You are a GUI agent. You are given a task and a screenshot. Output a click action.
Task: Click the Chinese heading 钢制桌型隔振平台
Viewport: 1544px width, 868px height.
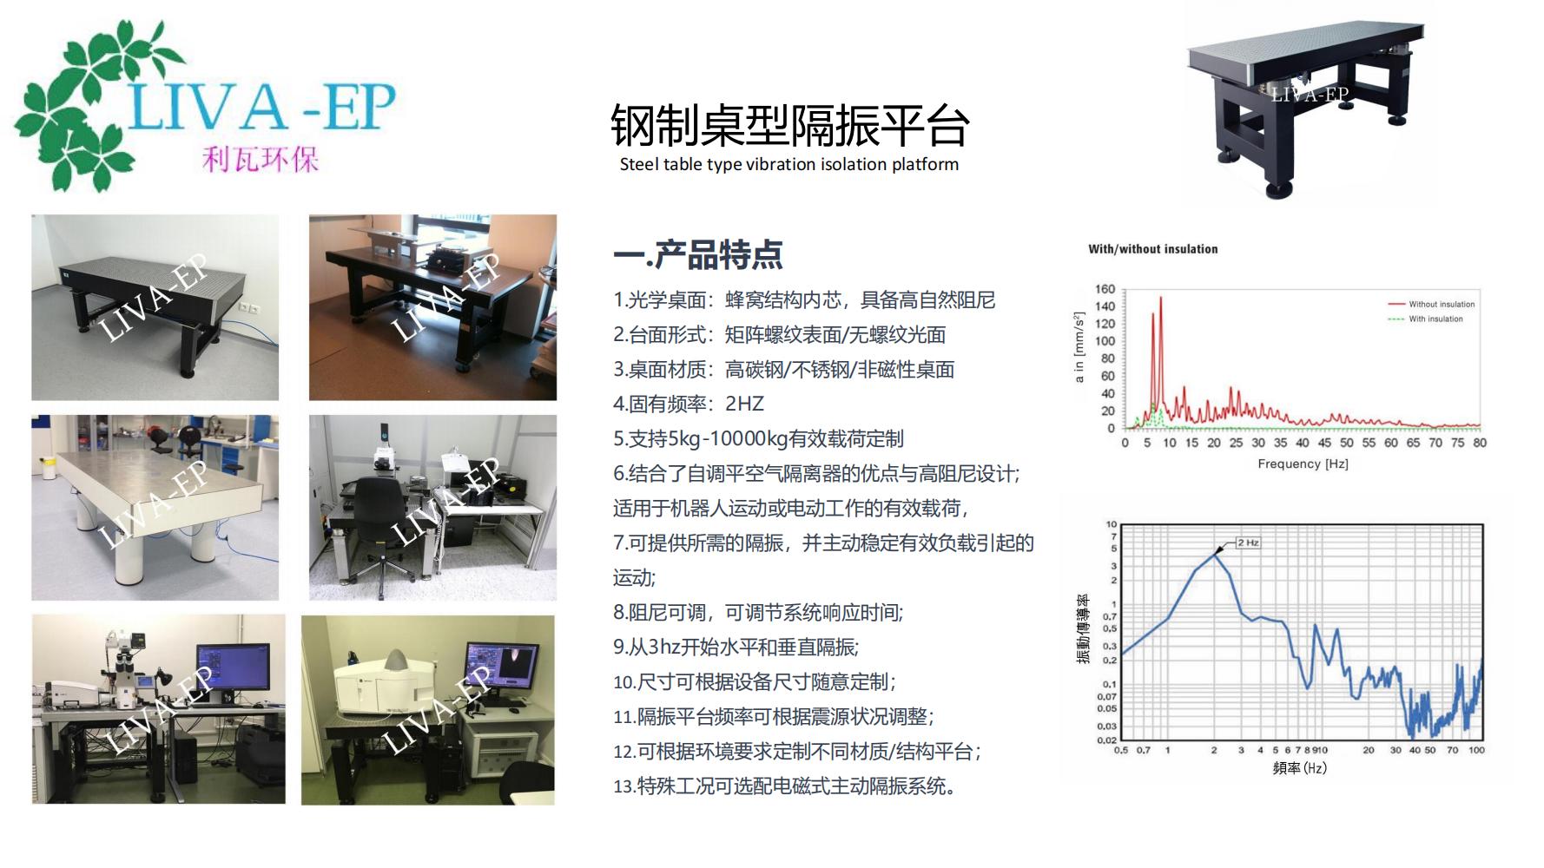790,126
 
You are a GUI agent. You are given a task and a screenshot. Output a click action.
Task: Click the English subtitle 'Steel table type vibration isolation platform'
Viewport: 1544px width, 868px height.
789,164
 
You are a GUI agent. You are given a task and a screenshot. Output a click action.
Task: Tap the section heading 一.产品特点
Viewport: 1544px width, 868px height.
698,254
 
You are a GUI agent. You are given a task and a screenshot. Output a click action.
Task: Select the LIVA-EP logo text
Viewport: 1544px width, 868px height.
261,107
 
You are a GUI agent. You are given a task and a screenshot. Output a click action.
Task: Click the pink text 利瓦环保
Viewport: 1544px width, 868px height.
261,159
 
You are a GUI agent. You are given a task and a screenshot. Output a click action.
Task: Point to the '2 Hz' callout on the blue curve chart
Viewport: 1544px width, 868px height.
1248,542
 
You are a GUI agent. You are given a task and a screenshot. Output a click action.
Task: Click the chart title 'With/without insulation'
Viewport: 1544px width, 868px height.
1153,249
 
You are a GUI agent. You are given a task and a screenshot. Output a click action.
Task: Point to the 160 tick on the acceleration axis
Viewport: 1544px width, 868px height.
1105,289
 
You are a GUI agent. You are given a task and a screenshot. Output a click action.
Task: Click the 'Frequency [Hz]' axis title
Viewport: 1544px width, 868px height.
1303,464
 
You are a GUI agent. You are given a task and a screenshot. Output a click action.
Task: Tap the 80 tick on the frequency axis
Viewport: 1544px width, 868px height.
1480,443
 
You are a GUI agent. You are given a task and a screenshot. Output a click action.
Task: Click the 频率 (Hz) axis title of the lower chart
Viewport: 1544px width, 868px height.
1299,767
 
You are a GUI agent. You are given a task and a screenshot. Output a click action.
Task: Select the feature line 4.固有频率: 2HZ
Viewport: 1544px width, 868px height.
689,404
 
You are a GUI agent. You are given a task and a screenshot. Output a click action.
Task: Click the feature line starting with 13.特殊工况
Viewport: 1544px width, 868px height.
785,786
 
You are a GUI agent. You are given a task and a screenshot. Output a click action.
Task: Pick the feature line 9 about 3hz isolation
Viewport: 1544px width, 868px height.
736,647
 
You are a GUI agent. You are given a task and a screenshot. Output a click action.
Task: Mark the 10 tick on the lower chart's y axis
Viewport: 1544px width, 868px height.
1111,524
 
